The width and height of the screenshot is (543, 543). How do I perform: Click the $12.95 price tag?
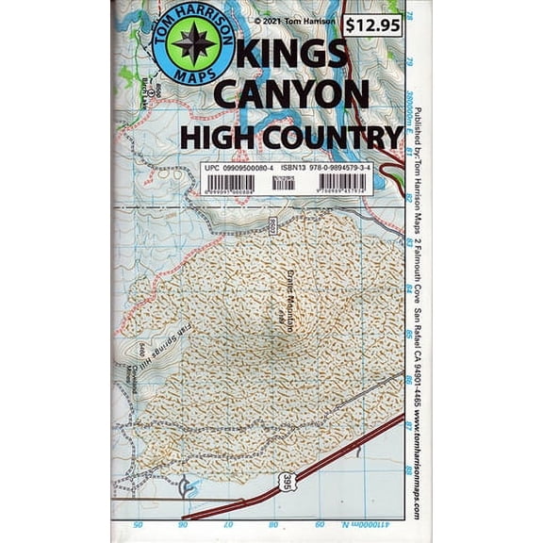pyautogui.click(x=371, y=25)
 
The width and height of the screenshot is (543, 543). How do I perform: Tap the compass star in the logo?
pyautogui.click(x=193, y=44)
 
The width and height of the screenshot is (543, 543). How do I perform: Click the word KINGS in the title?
pyautogui.click(x=287, y=56)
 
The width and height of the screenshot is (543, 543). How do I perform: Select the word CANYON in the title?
pyautogui.click(x=292, y=94)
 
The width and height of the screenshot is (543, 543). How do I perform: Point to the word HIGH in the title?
pyautogui.click(x=218, y=137)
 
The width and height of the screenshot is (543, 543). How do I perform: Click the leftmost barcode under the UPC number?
pyautogui.click(x=230, y=183)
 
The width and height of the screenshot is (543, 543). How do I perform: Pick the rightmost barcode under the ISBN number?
pyautogui.click(x=343, y=183)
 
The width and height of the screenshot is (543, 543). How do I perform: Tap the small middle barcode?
pyautogui.click(x=283, y=183)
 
